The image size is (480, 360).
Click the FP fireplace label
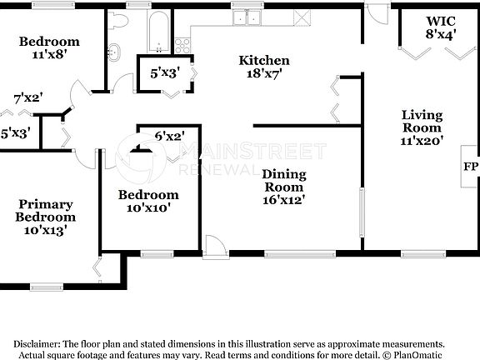tap(469, 166)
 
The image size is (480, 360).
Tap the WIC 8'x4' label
tap(441, 27)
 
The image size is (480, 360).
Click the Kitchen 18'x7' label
tap(264, 67)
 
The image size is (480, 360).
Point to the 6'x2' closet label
tap(169, 136)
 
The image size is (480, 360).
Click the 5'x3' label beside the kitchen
tap(165, 73)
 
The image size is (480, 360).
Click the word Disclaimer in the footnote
tap(35, 343)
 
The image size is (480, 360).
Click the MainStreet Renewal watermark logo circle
tap(139, 158)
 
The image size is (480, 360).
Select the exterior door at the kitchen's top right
tap(378, 13)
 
